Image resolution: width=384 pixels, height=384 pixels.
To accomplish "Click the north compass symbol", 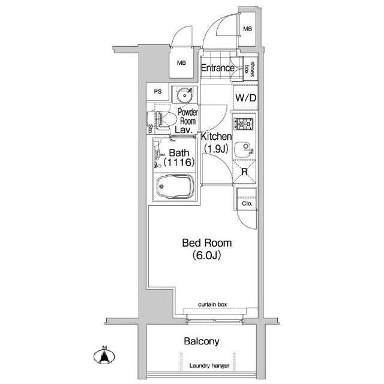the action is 104,355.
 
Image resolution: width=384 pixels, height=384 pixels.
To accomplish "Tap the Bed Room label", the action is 207,243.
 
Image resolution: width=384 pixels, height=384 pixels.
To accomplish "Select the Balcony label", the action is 202,341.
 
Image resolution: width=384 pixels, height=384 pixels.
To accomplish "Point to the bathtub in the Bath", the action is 175,187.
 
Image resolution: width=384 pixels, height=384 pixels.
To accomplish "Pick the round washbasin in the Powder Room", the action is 184,95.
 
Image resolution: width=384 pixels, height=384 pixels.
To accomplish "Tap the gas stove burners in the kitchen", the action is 244,124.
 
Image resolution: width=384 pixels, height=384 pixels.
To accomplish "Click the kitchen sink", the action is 243,149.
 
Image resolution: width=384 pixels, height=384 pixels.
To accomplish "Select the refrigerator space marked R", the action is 244,172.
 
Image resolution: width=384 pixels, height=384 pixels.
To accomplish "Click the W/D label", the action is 246,98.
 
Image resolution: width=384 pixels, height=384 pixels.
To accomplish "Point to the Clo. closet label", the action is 247,203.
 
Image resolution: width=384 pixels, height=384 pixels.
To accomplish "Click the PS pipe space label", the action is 158,92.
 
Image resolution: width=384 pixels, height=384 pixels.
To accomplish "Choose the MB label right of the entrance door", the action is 248,29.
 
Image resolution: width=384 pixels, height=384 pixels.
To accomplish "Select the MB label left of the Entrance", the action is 181,63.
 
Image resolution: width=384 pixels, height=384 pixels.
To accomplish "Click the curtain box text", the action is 212,304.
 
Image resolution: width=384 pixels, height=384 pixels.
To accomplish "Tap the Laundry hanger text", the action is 209,365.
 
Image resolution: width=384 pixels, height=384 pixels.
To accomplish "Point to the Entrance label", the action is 217,68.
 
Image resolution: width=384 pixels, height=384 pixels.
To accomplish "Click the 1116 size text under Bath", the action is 179,162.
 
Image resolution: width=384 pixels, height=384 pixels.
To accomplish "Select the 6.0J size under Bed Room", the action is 207,256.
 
